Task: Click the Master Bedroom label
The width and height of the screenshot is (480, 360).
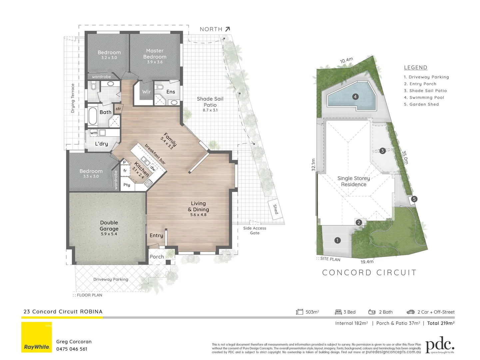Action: click(x=155, y=54)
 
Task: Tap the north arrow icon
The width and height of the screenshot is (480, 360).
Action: click(x=228, y=29)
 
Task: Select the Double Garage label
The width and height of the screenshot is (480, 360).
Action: click(x=109, y=226)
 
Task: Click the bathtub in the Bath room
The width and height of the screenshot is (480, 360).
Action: click(x=93, y=116)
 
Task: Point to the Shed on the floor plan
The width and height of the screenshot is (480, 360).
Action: click(x=275, y=210)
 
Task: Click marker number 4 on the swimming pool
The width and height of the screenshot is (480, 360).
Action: click(x=355, y=97)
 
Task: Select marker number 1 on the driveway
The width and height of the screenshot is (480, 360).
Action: click(x=337, y=240)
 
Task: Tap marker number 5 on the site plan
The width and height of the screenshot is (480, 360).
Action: click(x=414, y=199)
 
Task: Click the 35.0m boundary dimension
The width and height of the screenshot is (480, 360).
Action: click(x=405, y=157)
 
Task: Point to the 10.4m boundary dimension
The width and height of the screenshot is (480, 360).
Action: click(x=346, y=60)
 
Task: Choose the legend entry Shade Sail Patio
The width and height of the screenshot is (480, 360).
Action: click(x=425, y=91)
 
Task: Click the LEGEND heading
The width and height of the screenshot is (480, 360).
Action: click(x=415, y=67)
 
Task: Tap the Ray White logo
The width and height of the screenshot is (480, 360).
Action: click(x=37, y=337)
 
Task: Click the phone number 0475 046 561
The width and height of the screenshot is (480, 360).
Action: click(x=72, y=349)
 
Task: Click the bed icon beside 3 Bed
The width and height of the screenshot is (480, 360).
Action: click(x=338, y=312)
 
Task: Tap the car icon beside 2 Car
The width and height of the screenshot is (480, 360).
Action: click(x=410, y=312)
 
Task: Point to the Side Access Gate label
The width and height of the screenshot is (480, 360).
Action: click(x=254, y=231)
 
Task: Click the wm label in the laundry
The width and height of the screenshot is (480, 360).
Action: click(x=94, y=133)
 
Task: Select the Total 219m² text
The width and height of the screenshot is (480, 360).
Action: click(x=441, y=323)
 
